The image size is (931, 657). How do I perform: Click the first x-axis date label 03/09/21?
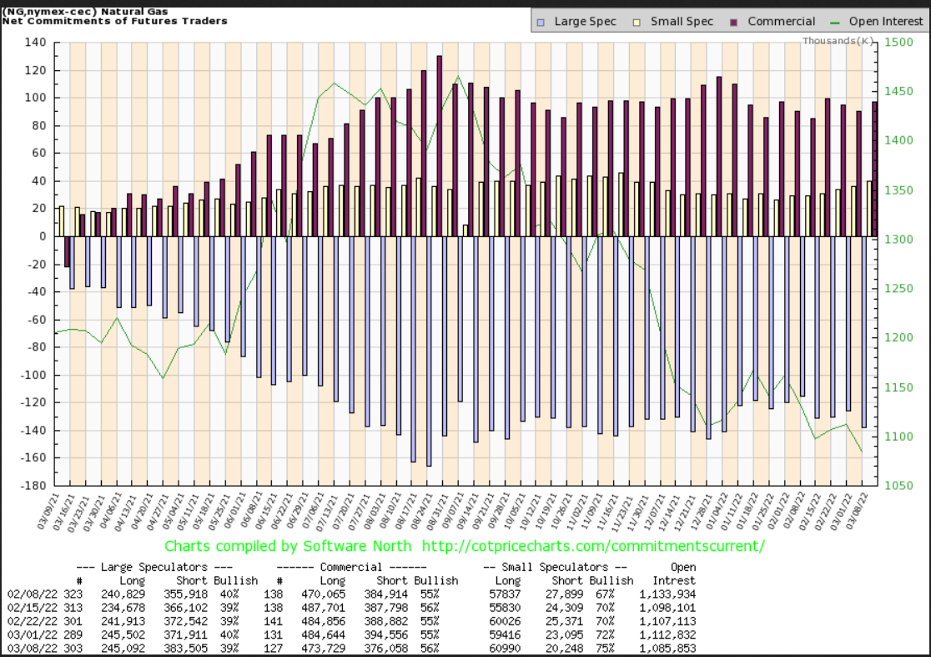point(56,512)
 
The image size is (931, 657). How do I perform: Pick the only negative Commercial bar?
point(67,251)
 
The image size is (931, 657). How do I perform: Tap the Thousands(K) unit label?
point(838,41)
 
